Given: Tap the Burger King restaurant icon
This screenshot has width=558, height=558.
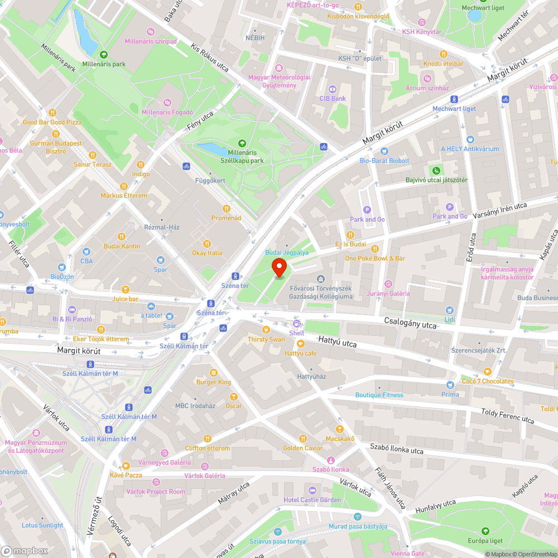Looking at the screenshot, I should click(213, 373).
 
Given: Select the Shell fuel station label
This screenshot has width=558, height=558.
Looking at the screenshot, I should click(297, 333).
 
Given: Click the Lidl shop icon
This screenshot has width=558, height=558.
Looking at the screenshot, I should click(450, 310).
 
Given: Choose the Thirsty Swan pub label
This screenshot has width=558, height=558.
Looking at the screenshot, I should click(266, 339).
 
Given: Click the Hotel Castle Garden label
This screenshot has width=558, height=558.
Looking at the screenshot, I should click(312, 500).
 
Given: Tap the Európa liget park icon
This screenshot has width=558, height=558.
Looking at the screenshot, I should click(484, 531).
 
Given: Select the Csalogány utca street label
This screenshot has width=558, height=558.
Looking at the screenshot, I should click(410, 324).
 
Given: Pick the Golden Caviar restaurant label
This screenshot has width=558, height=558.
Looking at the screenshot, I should click(303, 448).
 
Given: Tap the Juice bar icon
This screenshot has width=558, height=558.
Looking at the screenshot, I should click(126, 289).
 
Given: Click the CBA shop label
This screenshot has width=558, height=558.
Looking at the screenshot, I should click(86, 261).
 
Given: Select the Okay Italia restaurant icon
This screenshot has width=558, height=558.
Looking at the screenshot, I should click(207, 243).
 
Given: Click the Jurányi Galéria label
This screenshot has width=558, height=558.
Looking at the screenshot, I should click(388, 294).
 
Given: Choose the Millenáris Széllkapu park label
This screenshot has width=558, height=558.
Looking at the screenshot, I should click(242, 157).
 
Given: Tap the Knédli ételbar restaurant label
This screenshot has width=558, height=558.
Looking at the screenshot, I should click(444, 64).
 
